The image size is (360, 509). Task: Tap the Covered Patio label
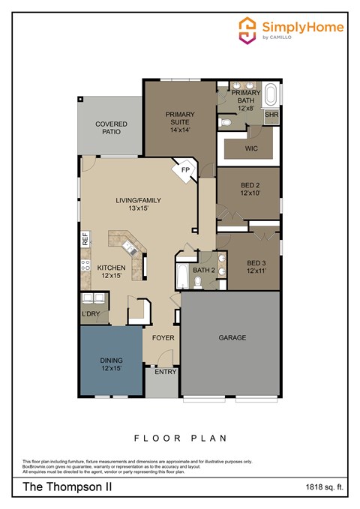tap(111, 128)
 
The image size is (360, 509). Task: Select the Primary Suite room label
tap(181, 121)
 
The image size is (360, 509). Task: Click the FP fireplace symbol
tap(184, 170)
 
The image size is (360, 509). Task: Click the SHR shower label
tap(271, 115)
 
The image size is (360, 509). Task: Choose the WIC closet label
tap(251, 148)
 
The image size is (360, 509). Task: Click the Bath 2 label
tap(204, 270)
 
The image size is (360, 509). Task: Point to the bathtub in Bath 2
tap(182, 275)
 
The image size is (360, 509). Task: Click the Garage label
tap(232, 338)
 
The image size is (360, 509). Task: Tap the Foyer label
tap(163, 338)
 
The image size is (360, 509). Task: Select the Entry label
tap(165, 372)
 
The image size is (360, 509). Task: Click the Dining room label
tap(111, 364)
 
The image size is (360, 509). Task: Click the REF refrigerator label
tap(85, 240)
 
